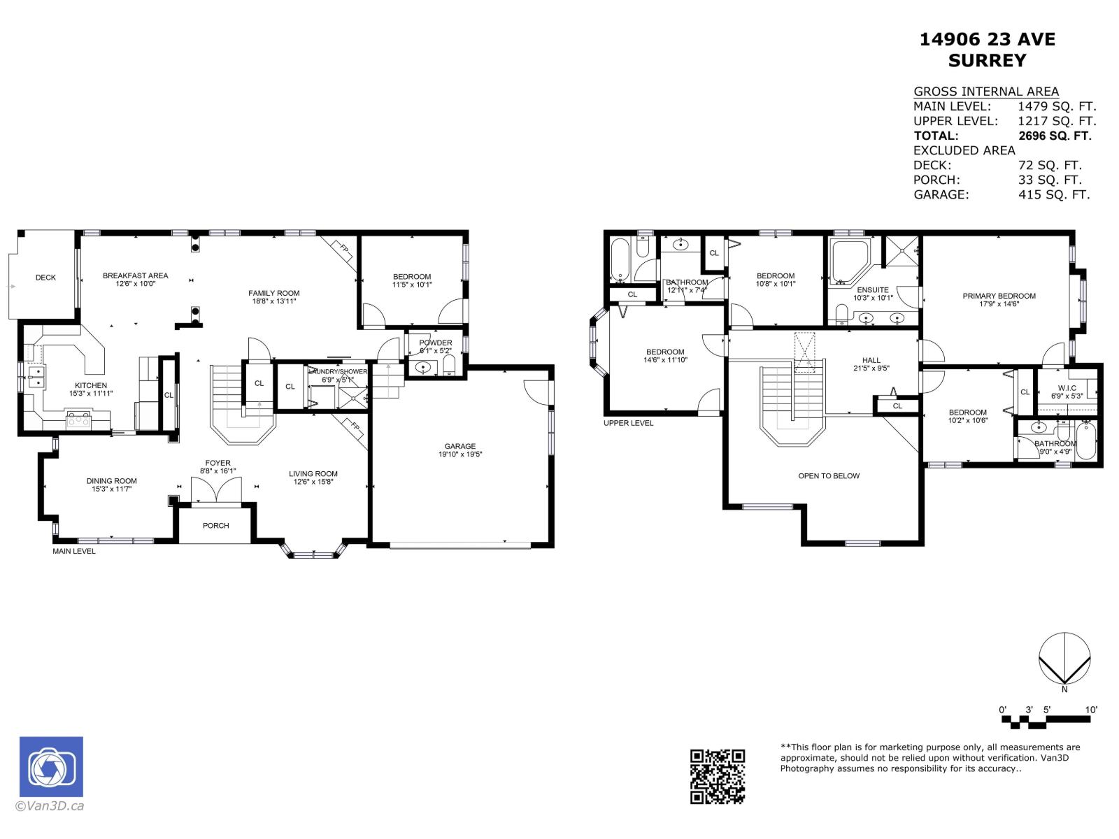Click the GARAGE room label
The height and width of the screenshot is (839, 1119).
[x=459, y=446]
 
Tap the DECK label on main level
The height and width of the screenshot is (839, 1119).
[x=45, y=278]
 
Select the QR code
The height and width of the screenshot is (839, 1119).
[x=718, y=776]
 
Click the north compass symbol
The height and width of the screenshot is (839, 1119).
[x=1064, y=659]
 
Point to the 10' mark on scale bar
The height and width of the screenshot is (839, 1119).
[x=1091, y=710]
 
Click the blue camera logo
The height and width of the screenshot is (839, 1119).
[x=51, y=767]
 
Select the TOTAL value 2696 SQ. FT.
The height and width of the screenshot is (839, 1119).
[x=1054, y=136]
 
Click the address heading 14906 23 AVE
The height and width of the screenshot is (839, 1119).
[x=987, y=40]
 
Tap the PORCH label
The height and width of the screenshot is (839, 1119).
[x=215, y=526]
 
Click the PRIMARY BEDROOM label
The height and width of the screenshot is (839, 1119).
[x=999, y=296]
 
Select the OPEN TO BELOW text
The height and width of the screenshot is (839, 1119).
[x=829, y=476]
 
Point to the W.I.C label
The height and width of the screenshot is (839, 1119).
[x=1067, y=388]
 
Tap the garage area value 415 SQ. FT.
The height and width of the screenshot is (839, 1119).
[x=1054, y=194]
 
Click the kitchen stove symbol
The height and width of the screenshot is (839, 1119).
[x=78, y=419]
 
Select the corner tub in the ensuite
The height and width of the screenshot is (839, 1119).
[x=848, y=259]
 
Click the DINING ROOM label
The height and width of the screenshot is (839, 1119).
[x=111, y=481]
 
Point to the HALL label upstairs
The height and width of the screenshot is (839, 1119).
[x=871, y=360]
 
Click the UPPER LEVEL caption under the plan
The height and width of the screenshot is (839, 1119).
[x=628, y=423]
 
